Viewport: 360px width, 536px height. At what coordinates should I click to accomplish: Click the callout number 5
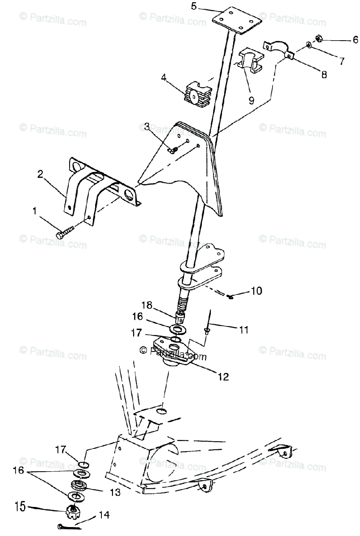click(193, 6)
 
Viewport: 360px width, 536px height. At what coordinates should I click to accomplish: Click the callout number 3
click(147, 126)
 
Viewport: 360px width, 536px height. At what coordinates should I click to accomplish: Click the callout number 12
click(223, 377)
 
